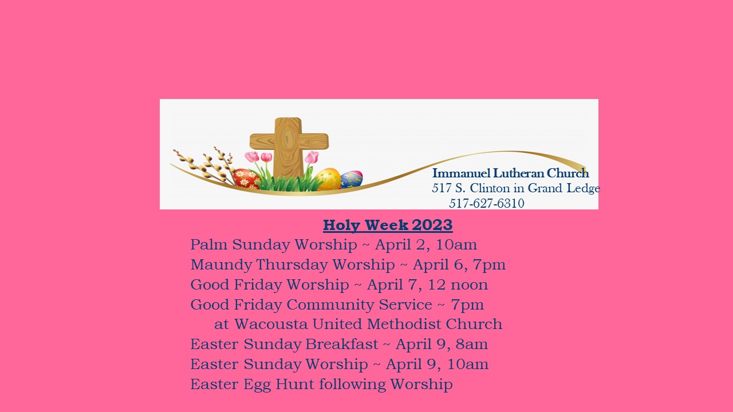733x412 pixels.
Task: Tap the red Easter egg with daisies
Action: click(x=247, y=179)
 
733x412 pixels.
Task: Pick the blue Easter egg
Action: click(x=352, y=179)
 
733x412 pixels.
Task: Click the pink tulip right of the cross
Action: click(x=312, y=157)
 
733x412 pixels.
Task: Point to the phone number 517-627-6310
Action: click(x=487, y=203)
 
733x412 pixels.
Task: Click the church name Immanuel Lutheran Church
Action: click(x=510, y=173)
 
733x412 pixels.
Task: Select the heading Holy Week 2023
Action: click(x=388, y=225)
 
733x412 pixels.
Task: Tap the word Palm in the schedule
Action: click(x=209, y=244)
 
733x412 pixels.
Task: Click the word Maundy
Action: click(x=221, y=265)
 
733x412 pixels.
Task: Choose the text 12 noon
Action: click(x=458, y=285)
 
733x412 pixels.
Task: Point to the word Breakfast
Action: click(x=342, y=344)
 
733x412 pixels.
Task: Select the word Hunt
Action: click(x=295, y=384)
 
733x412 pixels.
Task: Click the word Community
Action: click(x=330, y=305)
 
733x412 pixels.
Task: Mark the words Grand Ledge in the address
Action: click(x=564, y=188)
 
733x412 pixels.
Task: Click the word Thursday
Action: click(x=291, y=265)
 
